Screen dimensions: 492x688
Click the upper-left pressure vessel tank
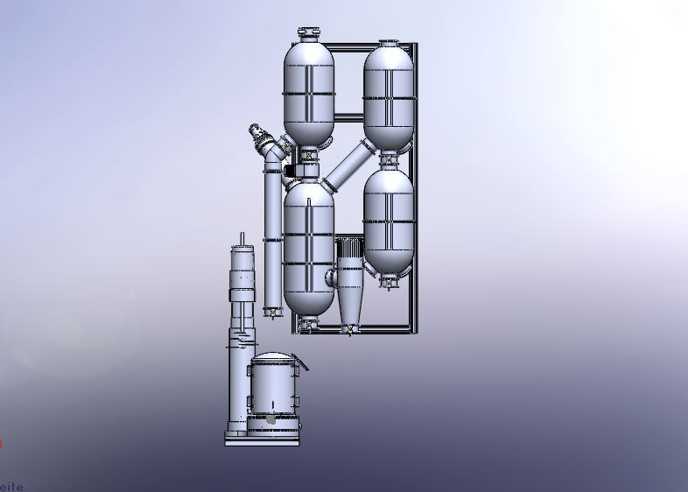click(x=308, y=92)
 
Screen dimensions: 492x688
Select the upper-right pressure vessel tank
click(x=389, y=96)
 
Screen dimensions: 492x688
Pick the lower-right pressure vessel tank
click(x=389, y=219)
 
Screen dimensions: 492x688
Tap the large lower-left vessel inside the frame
click(x=309, y=250)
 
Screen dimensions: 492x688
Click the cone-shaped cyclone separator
click(x=348, y=293)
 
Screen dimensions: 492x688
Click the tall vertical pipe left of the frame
click(x=271, y=236)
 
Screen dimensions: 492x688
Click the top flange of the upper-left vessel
click(x=309, y=34)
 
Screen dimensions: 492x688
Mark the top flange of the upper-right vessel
click(x=389, y=43)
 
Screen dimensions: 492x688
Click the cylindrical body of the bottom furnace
click(x=274, y=390)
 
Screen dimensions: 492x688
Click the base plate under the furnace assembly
click(x=262, y=440)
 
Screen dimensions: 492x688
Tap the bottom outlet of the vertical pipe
click(x=271, y=311)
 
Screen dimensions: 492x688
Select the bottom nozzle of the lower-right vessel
click(x=389, y=282)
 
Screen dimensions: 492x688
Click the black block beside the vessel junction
click(x=290, y=170)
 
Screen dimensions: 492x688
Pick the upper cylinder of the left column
click(x=241, y=267)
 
